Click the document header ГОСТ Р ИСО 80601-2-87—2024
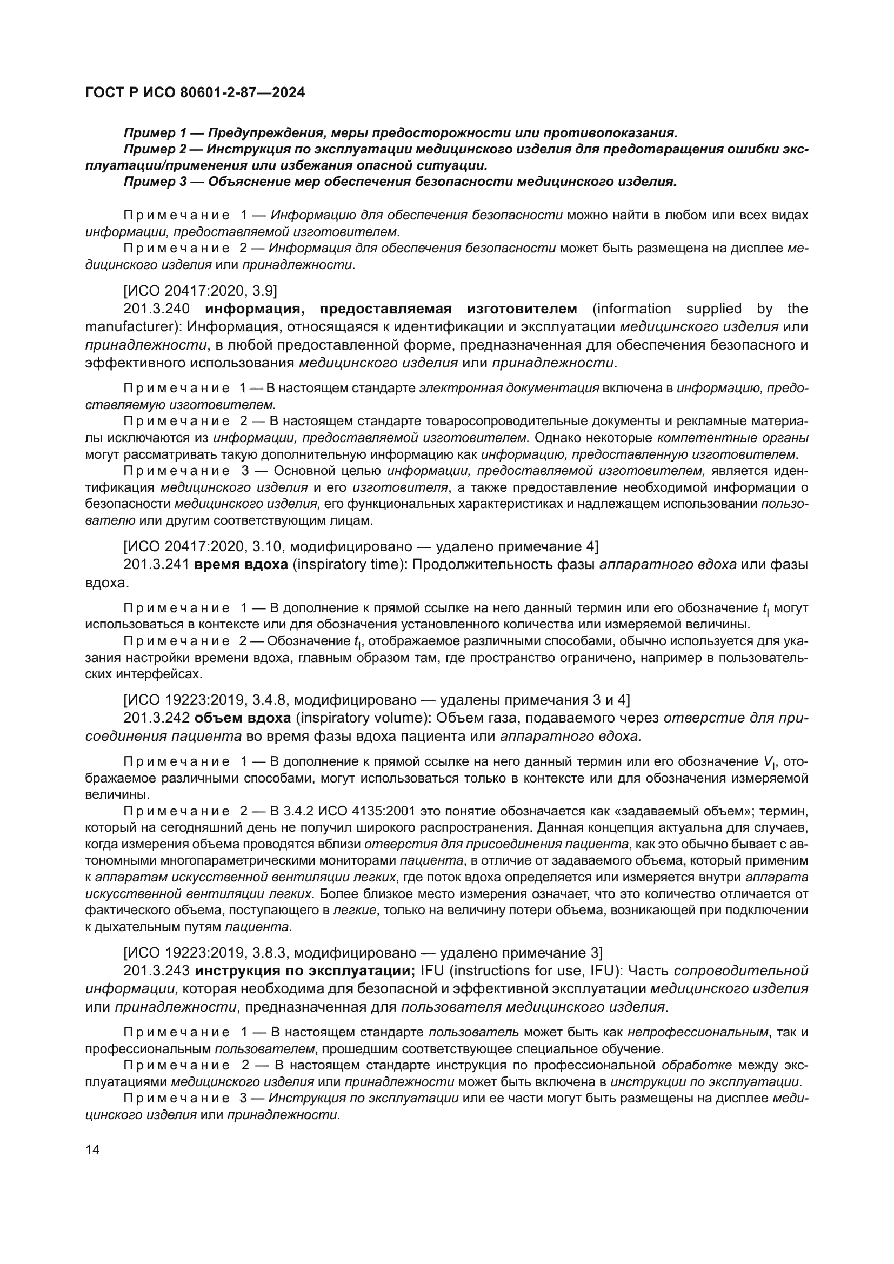coord(195,93)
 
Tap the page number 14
coord(92,1149)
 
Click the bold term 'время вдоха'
coord(242,565)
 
